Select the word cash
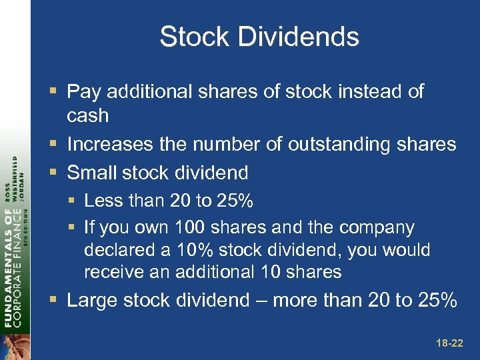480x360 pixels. pos(87,115)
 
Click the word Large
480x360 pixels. pos(93,301)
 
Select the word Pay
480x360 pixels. pos(83,91)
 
